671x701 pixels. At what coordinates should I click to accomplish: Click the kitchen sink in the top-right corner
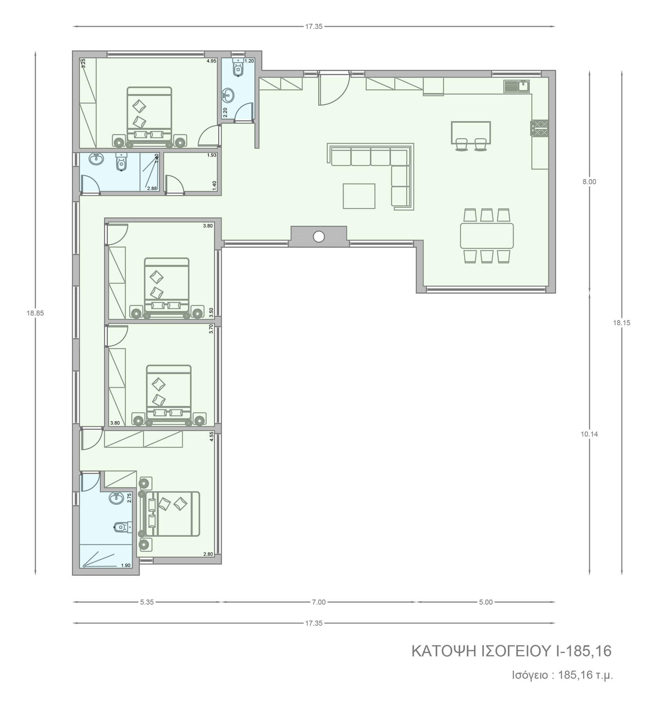pyautogui.click(x=516, y=86)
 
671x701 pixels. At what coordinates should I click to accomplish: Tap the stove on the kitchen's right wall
pyautogui.click(x=540, y=128)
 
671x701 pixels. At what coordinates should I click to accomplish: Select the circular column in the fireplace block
pyautogui.click(x=319, y=237)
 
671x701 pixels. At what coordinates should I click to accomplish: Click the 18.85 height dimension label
pyautogui.click(x=35, y=313)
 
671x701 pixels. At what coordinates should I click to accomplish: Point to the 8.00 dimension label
pyautogui.click(x=589, y=182)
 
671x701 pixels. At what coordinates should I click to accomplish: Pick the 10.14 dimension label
pyautogui.click(x=589, y=434)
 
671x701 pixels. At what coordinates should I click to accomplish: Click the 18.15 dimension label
pyautogui.click(x=622, y=323)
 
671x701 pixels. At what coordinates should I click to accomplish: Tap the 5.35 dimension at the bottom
pyautogui.click(x=147, y=602)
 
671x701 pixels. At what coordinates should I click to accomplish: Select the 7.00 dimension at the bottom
pyautogui.click(x=319, y=602)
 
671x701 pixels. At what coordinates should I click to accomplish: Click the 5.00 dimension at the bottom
pyautogui.click(x=486, y=602)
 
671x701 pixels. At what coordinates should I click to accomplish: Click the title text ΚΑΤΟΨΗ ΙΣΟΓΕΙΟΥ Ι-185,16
pyautogui.click(x=511, y=651)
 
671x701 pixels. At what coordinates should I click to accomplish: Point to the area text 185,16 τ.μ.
pyautogui.click(x=586, y=675)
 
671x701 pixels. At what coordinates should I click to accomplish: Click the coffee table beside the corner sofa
pyautogui.click(x=359, y=196)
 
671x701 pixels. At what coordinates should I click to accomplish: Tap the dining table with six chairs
pyautogui.click(x=487, y=235)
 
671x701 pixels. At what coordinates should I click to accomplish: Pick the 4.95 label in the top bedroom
pyautogui.click(x=211, y=61)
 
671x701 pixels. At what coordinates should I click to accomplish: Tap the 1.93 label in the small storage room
pyautogui.click(x=212, y=155)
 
